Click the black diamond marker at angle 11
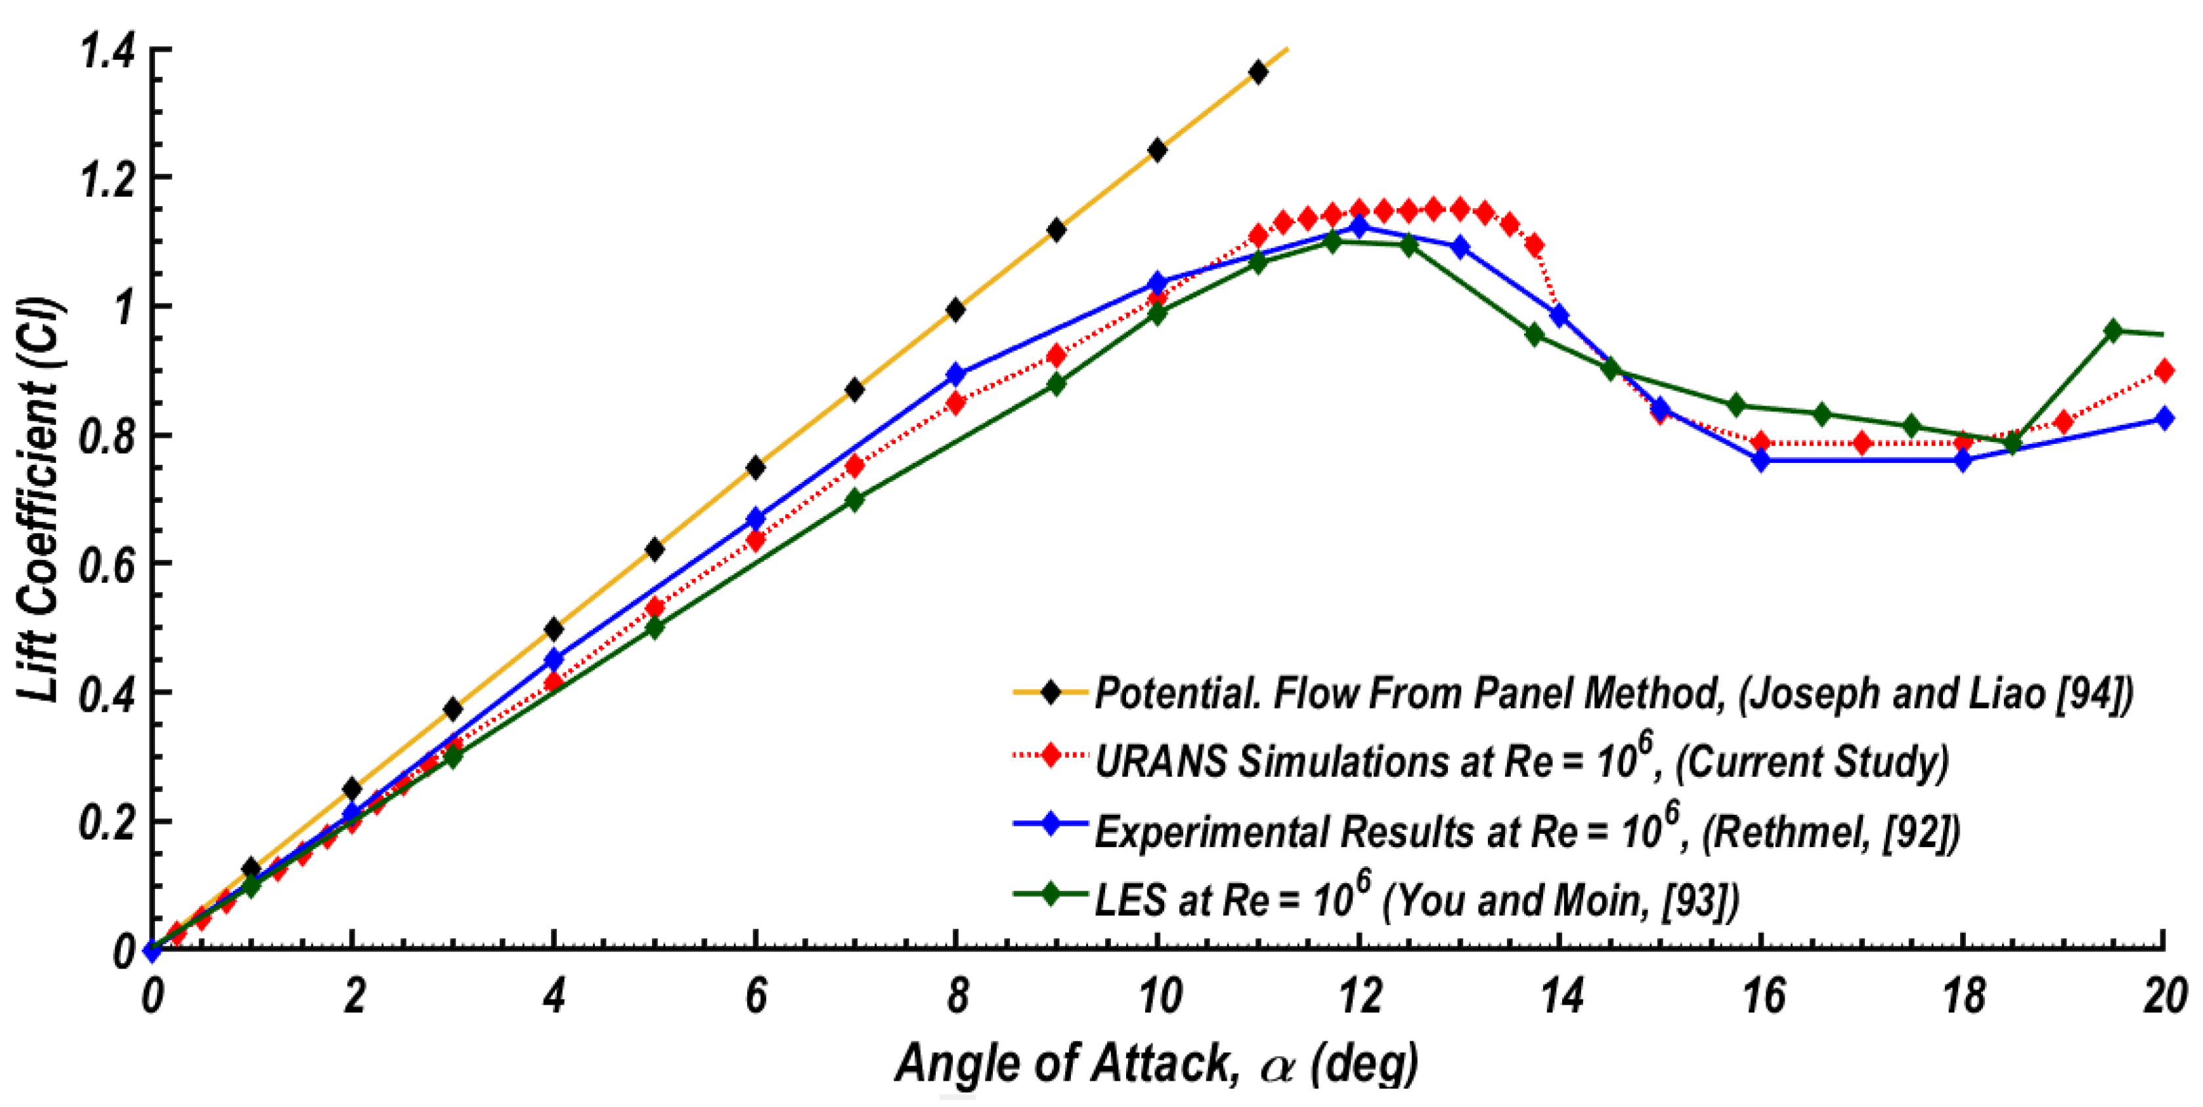click(x=1257, y=73)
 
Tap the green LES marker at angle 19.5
click(x=2112, y=331)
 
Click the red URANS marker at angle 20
click(x=2164, y=371)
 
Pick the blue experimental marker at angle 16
click(x=1760, y=460)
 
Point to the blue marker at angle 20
click(x=2164, y=419)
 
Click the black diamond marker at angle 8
click(x=955, y=309)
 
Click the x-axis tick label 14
click(x=1561, y=997)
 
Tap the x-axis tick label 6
click(x=756, y=997)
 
